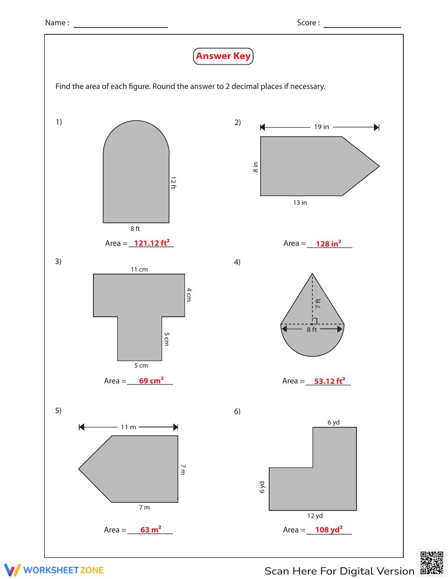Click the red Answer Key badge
point(223,56)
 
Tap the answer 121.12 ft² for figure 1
point(151,243)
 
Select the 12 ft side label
point(173,183)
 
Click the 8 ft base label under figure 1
point(135,229)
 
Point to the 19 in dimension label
point(321,127)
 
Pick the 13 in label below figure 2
point(300,203)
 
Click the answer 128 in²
point(328,244)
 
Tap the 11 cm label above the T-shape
point(139,269)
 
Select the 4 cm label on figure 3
point(189,294)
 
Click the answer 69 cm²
point(151,381)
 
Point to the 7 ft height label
point(318,303)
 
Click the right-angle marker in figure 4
point(315,321)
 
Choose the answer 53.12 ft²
point(329,381)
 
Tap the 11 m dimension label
point(128,427)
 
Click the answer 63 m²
point(151,530)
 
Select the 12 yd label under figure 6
point(315,516)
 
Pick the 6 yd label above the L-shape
point(333,422)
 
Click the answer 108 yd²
point(328,530)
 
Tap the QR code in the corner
point(431,563)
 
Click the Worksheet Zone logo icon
point(13,570)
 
